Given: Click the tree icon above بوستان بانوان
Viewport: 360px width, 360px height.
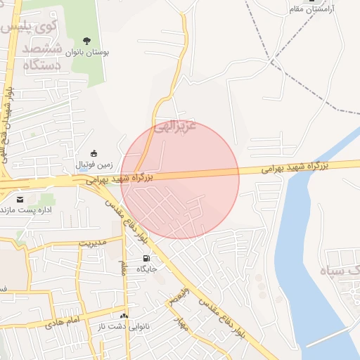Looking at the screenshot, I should (x=87, y=40).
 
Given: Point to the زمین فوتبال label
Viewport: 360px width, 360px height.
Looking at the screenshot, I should (x=95, y=165).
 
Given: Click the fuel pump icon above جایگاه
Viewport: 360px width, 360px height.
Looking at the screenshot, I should (x=146, y=258).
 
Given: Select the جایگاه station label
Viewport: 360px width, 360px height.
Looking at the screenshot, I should (x=146, y=269).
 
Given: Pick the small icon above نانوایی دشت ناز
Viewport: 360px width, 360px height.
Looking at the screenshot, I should (x=124, y=316).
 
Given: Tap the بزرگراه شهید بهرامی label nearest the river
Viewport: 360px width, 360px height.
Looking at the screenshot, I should (x=296, y=167).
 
